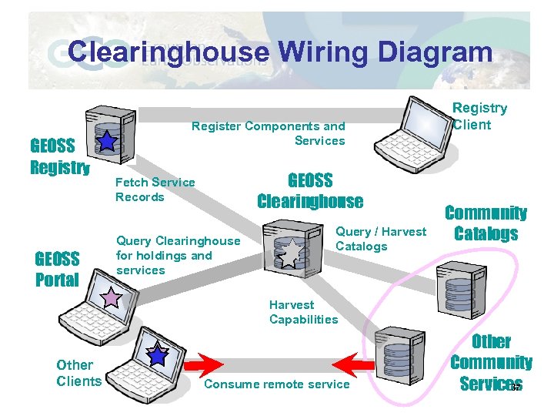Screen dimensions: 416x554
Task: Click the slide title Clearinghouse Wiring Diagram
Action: click(x=279, y=52)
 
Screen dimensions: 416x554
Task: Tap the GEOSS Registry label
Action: click(x=59, y=156)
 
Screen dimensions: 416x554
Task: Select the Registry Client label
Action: click(x=479, y=116)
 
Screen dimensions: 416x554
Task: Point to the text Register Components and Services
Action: click(x=268, y=133)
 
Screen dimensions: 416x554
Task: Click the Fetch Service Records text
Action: click(x=155, y=190)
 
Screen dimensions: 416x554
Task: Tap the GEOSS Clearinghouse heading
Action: click(x=309, y=191)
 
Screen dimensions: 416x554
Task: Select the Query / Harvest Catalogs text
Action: click(x=380, y=239)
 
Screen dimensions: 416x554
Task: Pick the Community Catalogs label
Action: click(x=486, y=223)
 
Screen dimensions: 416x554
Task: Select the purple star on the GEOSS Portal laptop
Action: click(x=113, y=297)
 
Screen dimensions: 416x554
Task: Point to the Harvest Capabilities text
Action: click(x=303, y=312)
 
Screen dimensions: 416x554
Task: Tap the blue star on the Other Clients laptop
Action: click(x=158, y=354)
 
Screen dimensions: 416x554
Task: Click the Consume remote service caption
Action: click(x=277, y=384)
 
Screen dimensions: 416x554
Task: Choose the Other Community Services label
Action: click(x=490, y=362)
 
